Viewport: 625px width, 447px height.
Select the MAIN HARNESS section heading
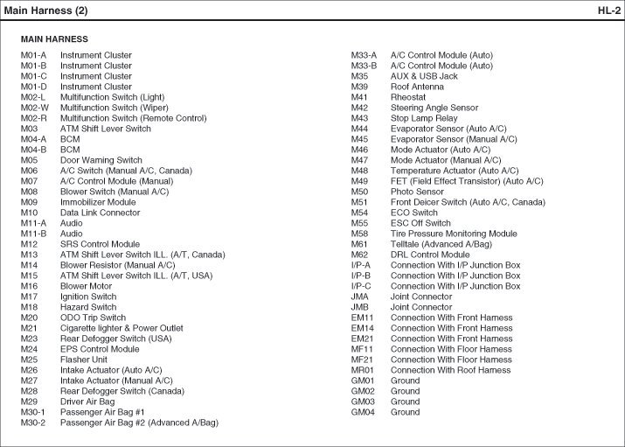coord(54,39)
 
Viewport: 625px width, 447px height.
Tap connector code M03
coord(29,129)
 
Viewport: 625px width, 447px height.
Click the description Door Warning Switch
coord(101,160)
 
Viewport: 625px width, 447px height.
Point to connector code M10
coord(30,213)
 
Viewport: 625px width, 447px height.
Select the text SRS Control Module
coord(100,244)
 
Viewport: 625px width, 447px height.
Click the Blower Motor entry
coord(86,286)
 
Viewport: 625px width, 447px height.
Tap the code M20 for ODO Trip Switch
coord(30,318)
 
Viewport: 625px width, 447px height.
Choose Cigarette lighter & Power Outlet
coord(122,328)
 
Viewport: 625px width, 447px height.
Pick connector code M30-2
coord(33,423)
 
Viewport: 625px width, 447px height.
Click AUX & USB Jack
coord(424,76)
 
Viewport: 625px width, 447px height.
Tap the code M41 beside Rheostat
coord(359,97)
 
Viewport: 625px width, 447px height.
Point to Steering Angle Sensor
coord(434,108)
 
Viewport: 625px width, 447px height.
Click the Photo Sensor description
coord(417,192)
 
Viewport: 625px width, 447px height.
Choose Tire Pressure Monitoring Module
coord(454,234)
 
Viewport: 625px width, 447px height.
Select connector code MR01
coord(362,370)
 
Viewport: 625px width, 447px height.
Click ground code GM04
coord(363,412)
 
